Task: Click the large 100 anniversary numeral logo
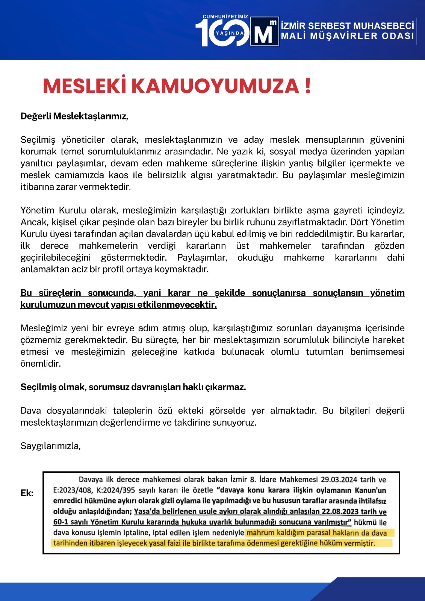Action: pos(222,33)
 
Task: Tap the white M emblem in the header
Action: pos(265,32)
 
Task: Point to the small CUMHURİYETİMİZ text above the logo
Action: pos(225,17)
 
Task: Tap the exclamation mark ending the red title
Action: pos(308,86)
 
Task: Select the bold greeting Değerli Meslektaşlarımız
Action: pos(74,116)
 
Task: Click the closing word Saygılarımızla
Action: pos(50,446)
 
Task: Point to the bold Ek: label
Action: pos(27,493)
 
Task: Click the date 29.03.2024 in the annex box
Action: pos(339,480)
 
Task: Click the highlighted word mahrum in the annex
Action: pos(260,533)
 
